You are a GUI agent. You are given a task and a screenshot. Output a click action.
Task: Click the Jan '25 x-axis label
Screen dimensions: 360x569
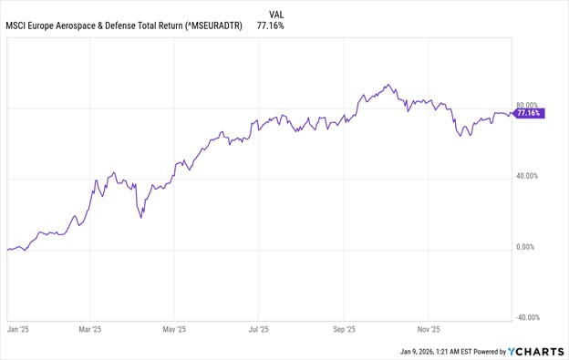pyautogui.click(x=18, y=330)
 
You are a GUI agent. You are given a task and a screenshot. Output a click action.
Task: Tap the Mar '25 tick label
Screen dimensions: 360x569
pyautogui.click(x=90, y=330)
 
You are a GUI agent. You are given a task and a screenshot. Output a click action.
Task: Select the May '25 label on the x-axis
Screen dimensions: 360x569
pyautogui.click(x=174, y=330)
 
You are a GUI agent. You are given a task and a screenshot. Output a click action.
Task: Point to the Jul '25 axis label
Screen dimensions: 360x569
pyautogui.click(x=258, y=330)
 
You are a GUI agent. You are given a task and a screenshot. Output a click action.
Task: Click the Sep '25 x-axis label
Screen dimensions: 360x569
pyautogui.click(x=344, y=330)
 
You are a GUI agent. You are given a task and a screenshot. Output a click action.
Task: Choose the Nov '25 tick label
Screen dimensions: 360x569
pyautogui.click(x=428, y=330)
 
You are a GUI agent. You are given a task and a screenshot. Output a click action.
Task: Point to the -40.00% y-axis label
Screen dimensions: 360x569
pyautogui.click(x=528, y=318)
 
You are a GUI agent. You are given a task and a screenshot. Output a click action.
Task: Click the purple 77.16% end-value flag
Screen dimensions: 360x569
pyautogui.click(x=529, y=114)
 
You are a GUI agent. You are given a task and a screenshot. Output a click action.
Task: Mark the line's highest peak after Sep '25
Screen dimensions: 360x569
pyautogui.click(x=388, y=85)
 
